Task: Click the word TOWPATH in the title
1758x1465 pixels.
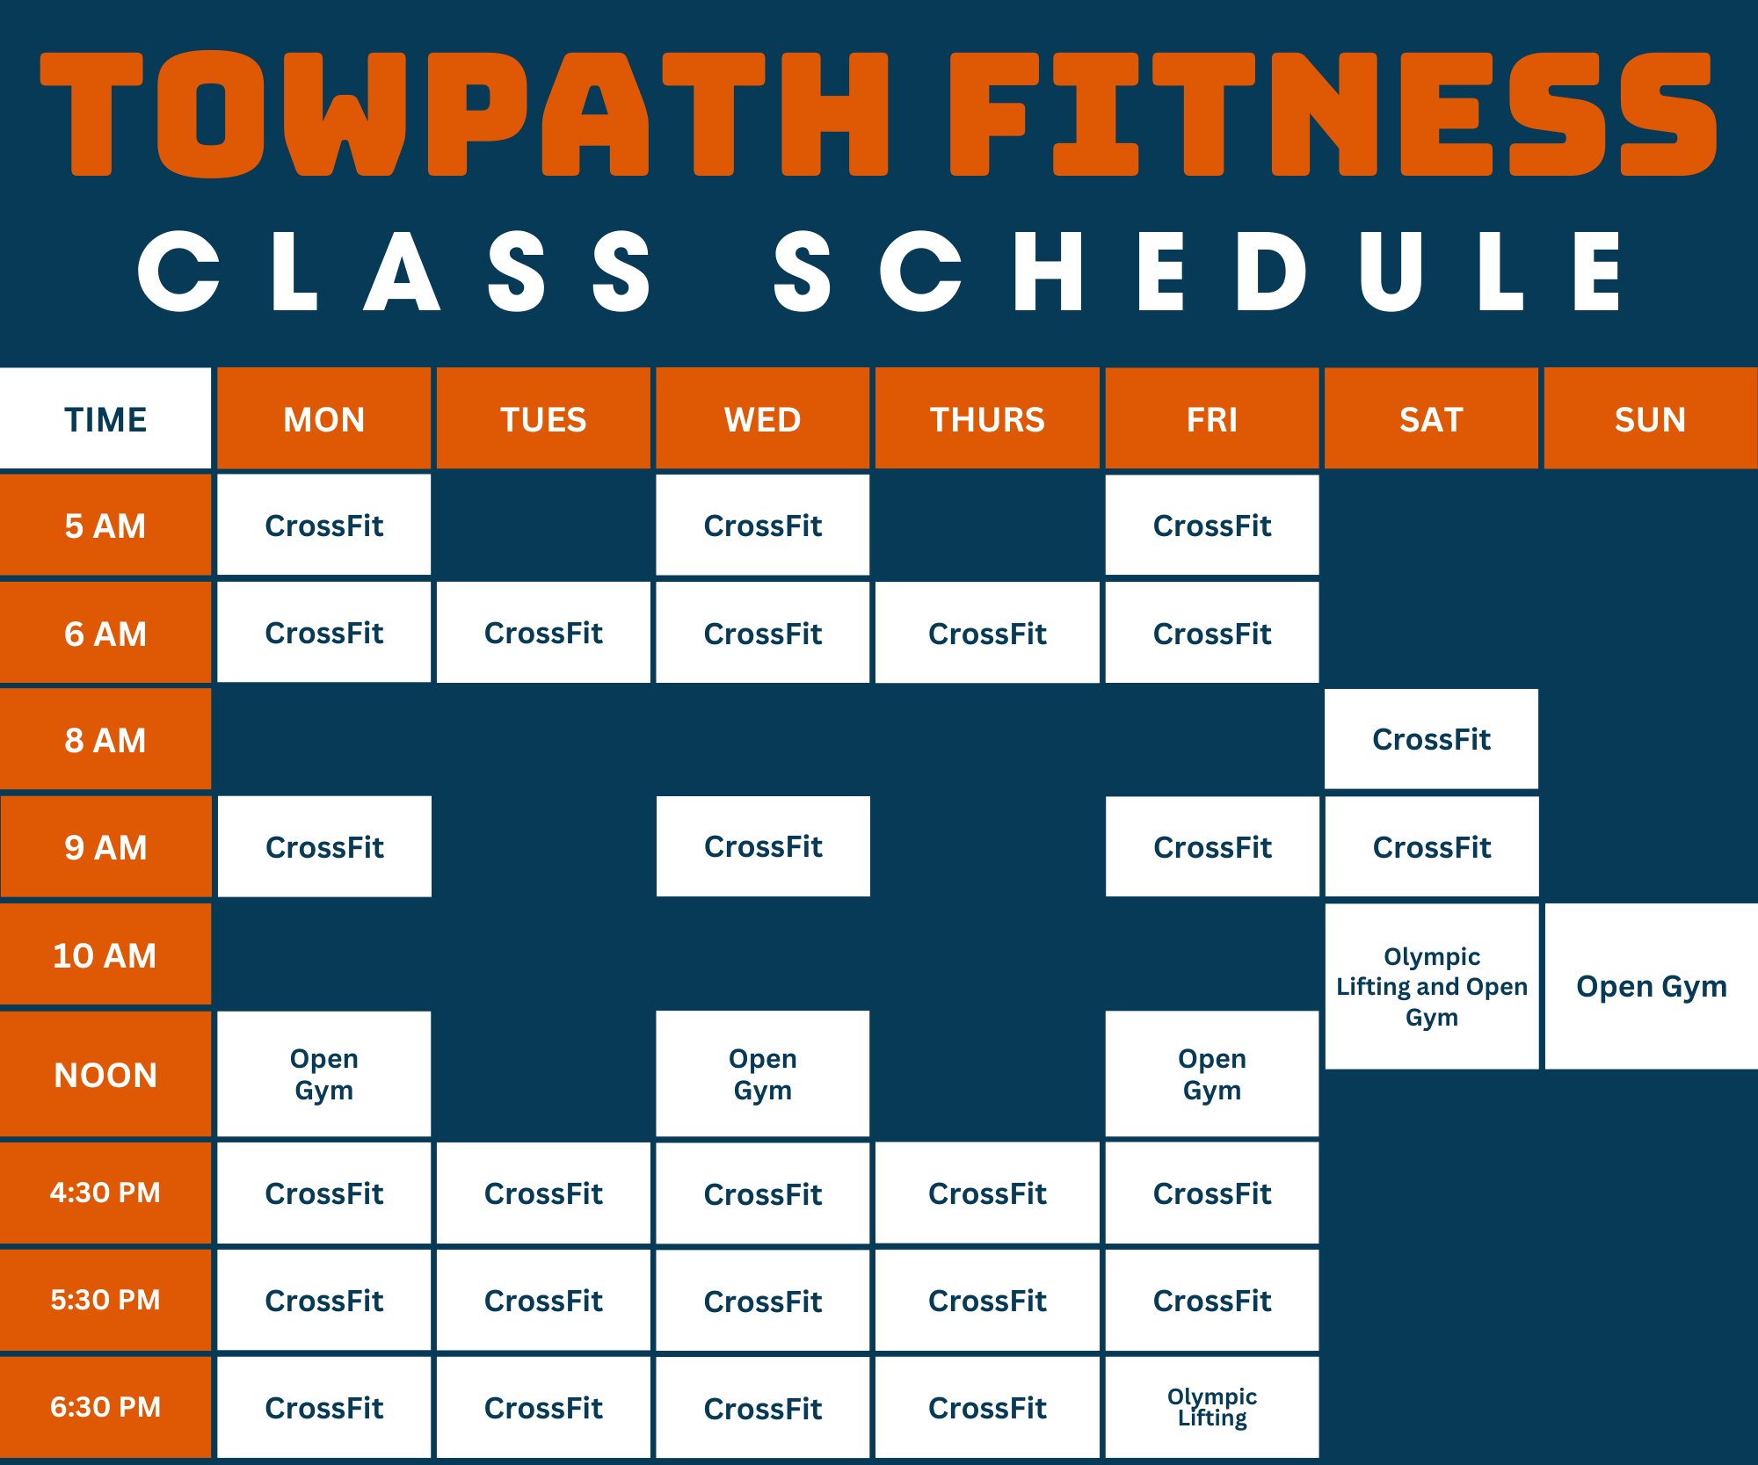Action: point(464,114)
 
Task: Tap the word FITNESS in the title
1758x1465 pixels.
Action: point(1333,114)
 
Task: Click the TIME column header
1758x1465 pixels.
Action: point(105,418)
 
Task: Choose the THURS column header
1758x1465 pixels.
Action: point(987,418)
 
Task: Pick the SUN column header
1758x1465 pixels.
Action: point(1651,418)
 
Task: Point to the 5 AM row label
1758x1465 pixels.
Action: point(105,526)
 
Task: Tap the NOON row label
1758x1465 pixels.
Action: point(105,1074)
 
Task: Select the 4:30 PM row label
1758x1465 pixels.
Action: point(105,1193)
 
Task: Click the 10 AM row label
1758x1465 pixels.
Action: point(105,954)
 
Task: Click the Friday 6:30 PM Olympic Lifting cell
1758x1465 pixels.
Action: point(1212,1407)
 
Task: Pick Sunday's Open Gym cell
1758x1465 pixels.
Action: point(1652,986)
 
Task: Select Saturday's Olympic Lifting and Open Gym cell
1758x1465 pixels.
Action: point(1432,986)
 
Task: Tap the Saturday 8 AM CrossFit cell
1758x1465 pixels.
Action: point(1432,739)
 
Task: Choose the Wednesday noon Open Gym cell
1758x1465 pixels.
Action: point(763,1074)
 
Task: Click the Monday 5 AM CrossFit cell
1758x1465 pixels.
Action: point(324,526)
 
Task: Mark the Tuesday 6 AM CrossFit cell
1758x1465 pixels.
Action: point(543,633)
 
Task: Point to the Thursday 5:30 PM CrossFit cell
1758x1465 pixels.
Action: point(987,1301)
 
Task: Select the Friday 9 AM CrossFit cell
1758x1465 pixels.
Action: point(1212,847)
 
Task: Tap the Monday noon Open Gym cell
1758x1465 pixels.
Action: point(324,1074)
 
